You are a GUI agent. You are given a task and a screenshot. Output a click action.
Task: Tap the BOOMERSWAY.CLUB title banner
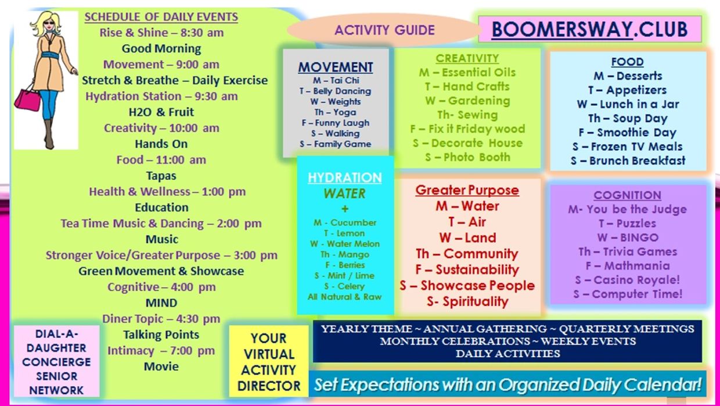(589, 29)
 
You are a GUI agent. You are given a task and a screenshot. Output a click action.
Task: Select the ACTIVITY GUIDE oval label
(384, 30)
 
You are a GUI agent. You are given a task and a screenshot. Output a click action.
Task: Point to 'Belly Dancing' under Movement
(342, 91)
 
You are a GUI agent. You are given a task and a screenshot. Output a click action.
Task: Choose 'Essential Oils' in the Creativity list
(478, 73)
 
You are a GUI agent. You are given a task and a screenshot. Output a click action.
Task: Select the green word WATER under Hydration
(344, 194)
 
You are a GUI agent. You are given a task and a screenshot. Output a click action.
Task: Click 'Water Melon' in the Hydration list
(353, 244)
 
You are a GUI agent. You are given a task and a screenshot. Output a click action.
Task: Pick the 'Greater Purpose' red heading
(467, 190)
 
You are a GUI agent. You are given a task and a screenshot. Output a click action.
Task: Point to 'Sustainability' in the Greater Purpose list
(477, 269)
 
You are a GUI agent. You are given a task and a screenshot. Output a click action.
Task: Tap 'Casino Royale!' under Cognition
(636, 280)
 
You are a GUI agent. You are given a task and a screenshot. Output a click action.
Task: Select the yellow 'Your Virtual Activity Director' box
(269, 361)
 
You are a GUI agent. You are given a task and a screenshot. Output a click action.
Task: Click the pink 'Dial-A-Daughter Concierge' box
(56, 361)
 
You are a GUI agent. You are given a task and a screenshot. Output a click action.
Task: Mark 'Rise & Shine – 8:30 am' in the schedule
(161, 33)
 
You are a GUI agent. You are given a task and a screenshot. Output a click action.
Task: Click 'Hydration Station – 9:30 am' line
(161, 96)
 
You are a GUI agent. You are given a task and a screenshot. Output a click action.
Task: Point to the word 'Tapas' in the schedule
(161, 176)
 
